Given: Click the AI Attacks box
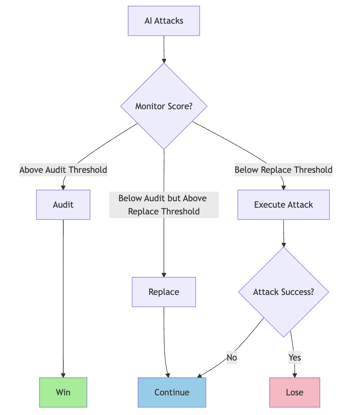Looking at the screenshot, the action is click(164, 21).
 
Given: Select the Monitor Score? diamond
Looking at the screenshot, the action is click(164, 106).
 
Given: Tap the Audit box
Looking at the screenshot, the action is click(63, 205).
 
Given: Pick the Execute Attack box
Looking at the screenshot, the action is click(284, 205).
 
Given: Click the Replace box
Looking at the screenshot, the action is click(164, 292).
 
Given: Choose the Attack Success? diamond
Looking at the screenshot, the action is click(284, 292).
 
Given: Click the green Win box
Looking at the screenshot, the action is click(63, 392).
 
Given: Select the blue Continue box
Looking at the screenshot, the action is click(172, 392).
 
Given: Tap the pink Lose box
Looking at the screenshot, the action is click(295, 392).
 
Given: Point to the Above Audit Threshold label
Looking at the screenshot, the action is click(63, 170).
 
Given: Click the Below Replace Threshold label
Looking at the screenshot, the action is click(284, 170).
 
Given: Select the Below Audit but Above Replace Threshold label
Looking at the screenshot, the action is click(164, 205).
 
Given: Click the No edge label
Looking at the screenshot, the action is click(232, 358).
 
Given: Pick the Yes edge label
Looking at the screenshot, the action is click(295, 358).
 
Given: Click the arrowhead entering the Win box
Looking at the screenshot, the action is click(63, 375).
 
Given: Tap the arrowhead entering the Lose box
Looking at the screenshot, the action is click(295, 375).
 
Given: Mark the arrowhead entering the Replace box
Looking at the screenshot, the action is click(164, 275).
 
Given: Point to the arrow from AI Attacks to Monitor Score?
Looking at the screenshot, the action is click(164, 49).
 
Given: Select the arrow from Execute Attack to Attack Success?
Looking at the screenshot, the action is click(284, 233).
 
